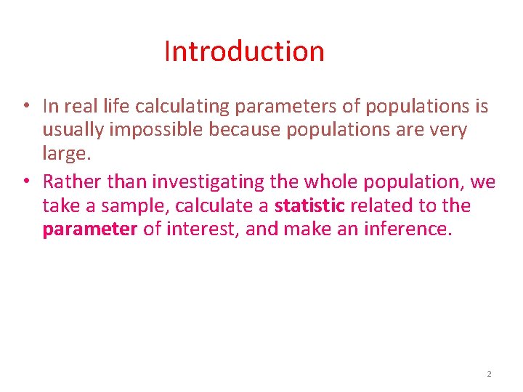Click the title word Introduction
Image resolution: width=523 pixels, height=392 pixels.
click(244, 52)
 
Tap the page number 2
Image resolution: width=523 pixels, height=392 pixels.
click(489, 374)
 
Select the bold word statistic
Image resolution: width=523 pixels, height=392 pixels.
click(309, 205)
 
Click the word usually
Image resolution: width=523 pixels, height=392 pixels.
click(66, 131)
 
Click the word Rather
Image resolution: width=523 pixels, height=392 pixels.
click(66, 181)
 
